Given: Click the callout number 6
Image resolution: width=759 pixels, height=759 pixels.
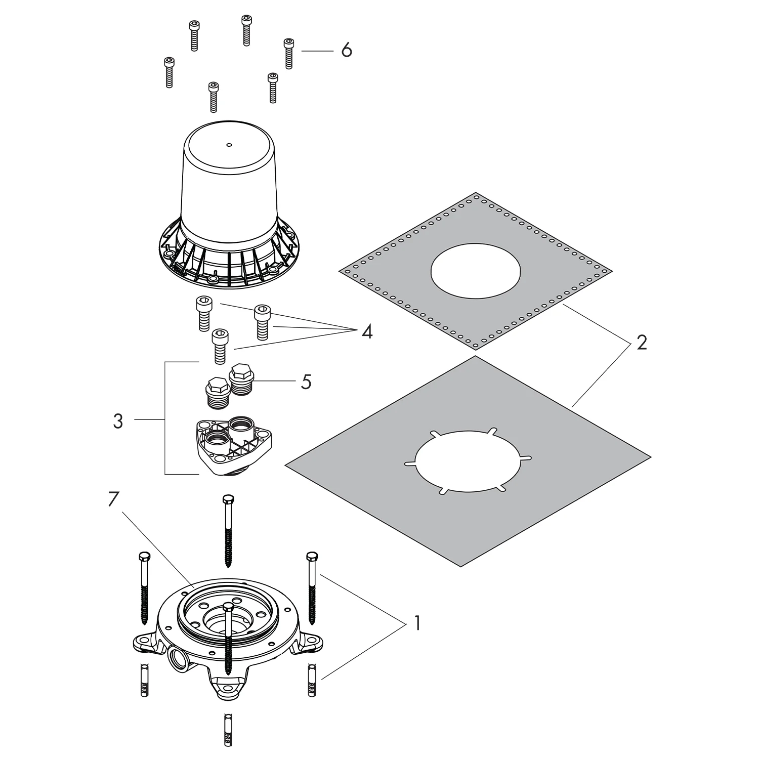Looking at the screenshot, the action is point(347,51).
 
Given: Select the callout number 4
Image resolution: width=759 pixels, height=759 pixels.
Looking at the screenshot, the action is point(367,332).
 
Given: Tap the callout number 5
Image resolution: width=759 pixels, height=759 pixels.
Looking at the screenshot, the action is point(306,382).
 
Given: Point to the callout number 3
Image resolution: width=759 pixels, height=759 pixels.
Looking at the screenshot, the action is point(118,420).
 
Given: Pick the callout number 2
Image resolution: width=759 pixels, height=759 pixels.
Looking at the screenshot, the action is point(642,343).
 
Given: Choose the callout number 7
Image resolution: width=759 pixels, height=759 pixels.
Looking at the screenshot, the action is point(113,499).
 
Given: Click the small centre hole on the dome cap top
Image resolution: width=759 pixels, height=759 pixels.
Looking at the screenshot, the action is point(229,145).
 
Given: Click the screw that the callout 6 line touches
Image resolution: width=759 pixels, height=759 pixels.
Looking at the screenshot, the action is point(289,53).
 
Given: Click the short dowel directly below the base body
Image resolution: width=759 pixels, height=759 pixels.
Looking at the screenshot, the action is point(227,727).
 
